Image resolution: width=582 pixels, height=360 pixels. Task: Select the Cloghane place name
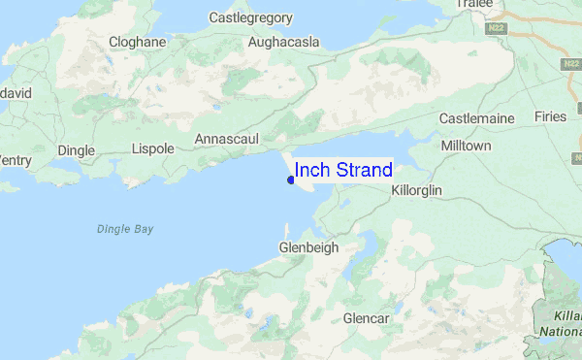(137, 43)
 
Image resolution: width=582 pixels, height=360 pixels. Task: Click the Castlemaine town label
(475, 118)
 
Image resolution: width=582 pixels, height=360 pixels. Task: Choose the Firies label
(550, 116)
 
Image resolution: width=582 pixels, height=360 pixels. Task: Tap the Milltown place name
(466, 146)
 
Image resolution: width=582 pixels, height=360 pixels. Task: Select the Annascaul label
(227, 139)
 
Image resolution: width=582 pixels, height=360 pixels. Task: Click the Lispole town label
(152, 150)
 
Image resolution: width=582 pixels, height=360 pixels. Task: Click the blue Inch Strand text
(343, 171)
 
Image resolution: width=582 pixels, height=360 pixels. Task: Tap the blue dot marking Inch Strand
(291, 179)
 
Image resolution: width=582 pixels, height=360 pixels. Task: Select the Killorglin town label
(416, 190)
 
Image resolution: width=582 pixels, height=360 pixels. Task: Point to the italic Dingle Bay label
(125, 229)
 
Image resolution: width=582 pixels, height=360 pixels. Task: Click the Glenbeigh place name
(308, 247)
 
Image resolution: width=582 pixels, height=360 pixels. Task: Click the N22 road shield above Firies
(570, 64)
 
